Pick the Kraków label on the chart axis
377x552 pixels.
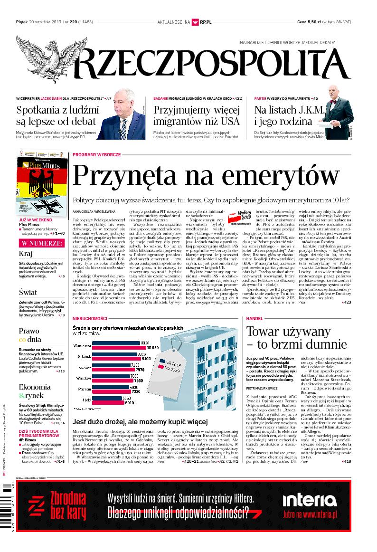(85, 368)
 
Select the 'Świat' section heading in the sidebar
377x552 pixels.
(28, 292)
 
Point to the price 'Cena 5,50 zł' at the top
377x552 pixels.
(314, 22)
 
